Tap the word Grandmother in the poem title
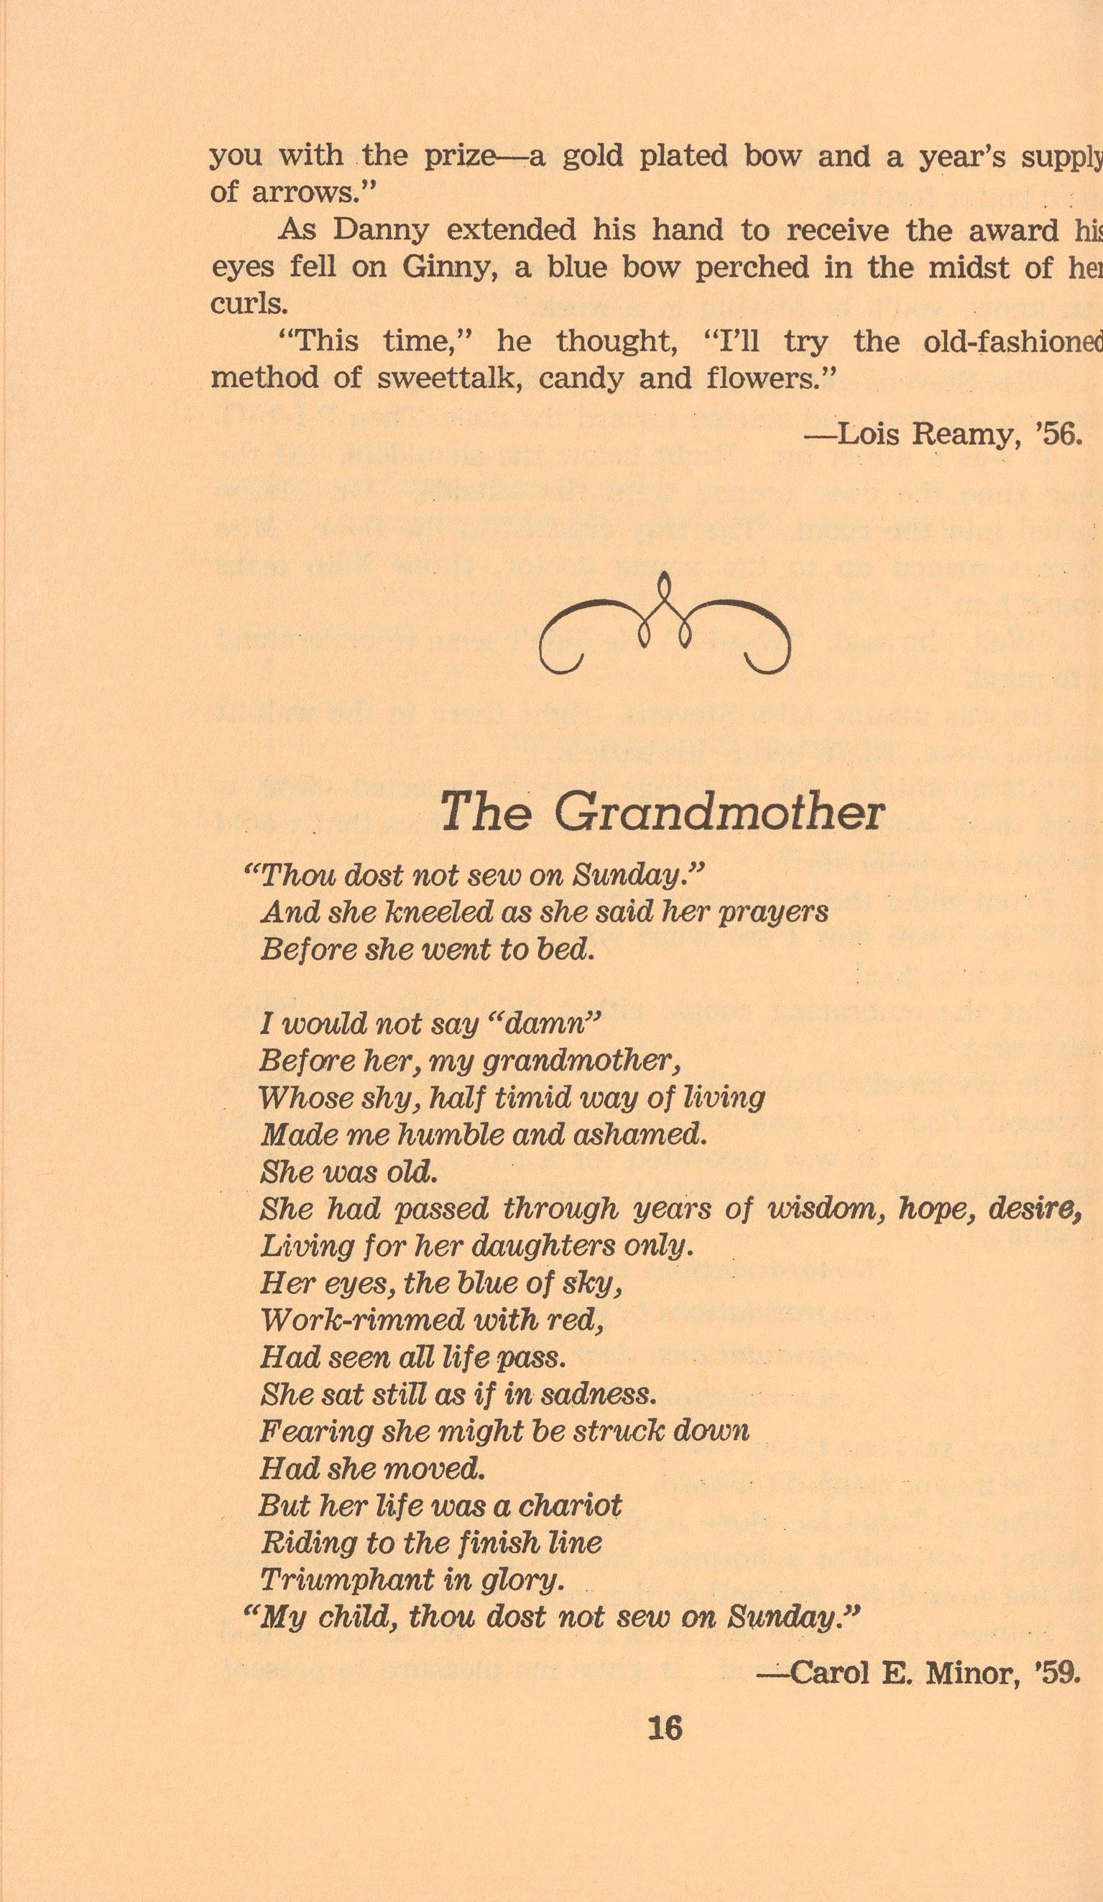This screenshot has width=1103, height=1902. pos(719,813)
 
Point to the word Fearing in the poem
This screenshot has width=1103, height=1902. pos(317,1431)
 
